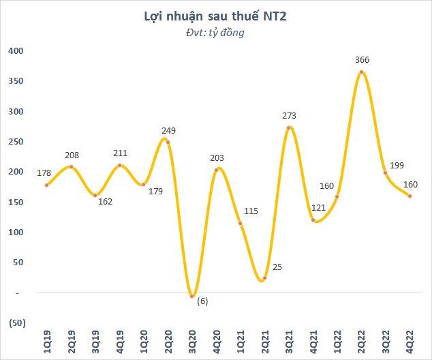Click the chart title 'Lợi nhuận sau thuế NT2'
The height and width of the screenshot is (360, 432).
point(215,16)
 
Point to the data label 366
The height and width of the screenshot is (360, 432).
point(362,60)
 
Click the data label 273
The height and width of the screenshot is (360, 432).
point(290,116)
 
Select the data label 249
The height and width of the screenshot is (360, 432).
point(168,130)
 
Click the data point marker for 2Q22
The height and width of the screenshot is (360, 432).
point(362,72)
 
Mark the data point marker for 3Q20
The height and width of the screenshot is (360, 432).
point(192,296)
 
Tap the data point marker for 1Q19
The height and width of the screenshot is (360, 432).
point(46,185)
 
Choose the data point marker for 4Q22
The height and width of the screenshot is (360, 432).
point(410,196)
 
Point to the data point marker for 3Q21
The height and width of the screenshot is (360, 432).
point(289,127)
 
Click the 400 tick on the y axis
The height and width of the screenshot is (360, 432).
point(16,51)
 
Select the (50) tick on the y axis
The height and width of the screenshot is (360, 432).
point(15,322)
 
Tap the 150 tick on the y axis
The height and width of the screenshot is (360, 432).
point(16,202)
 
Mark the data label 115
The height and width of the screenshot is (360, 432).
point(251,211)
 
